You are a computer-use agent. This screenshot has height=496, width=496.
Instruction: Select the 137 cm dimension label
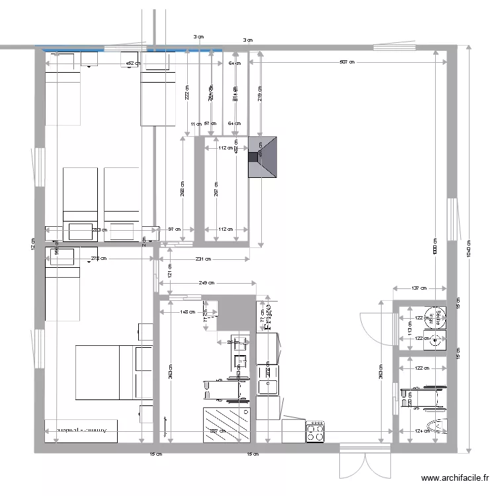[418, 288]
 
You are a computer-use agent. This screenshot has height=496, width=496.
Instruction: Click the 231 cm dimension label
[202, 259]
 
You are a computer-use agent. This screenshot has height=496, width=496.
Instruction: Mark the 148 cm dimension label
[188, 311]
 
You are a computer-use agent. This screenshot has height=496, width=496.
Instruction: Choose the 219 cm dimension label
[260, 95]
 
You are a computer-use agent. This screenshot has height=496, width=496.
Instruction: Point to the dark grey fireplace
[263, 157]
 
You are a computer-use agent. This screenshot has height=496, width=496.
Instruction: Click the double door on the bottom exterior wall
[364, 462]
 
